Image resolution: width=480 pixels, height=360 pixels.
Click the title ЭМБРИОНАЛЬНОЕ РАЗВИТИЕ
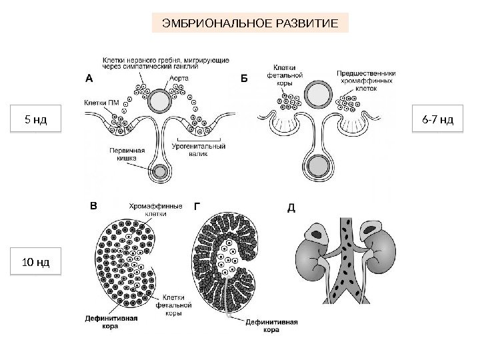coord(255,25)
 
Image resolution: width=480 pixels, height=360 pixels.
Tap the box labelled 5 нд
coord(35,120)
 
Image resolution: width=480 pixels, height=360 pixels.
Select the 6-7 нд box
coord(438,120)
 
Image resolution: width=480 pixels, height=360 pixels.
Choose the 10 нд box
coord(35,260)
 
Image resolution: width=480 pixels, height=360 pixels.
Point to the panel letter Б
coord(243,78)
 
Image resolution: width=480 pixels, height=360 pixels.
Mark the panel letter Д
coord(291,207)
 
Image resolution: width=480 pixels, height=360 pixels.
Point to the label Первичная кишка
coord(123,155)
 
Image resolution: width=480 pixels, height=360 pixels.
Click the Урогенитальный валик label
coord(198,149)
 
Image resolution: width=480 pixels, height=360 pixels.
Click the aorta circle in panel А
coord(160,101)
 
